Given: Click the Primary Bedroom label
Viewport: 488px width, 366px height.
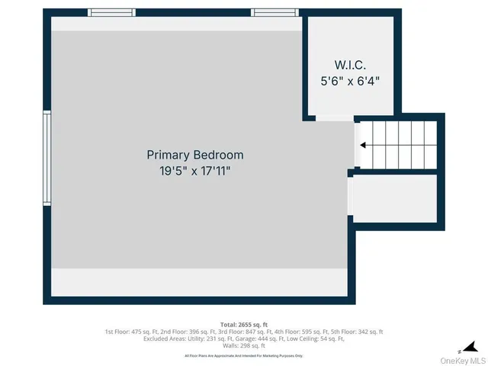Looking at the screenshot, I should (195, 155).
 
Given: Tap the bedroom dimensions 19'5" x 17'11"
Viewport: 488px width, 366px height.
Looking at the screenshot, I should (195, 172).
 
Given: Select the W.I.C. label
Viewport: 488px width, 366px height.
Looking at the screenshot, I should (351, 63).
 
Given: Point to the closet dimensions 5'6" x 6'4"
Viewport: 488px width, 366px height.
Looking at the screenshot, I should (351, 79).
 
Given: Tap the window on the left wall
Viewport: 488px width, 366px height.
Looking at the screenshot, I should (47, 157).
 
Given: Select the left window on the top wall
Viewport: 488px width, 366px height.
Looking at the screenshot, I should (111, 12).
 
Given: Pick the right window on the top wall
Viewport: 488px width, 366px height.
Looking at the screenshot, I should (274, 12).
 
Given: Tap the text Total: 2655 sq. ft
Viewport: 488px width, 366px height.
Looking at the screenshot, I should (244, 325).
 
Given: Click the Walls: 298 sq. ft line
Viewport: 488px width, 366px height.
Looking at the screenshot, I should (244, 345).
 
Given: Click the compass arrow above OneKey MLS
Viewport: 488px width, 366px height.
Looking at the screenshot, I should (471, 347).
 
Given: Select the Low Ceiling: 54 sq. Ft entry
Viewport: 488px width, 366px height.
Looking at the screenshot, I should (314, 339).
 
